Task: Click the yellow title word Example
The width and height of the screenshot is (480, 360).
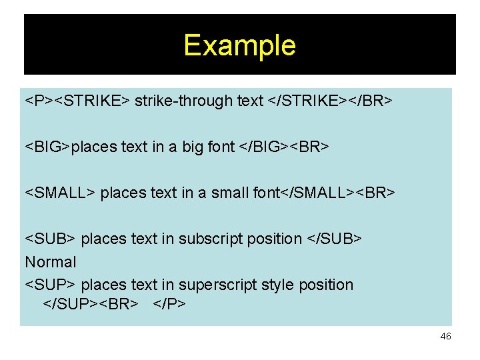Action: (x=239, y=45)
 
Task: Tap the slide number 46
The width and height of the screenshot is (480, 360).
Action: (x=445, y=337)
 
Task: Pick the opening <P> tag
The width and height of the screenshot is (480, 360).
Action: (x=39, y=101)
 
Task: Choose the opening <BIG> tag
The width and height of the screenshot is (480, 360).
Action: (x=47, y=147)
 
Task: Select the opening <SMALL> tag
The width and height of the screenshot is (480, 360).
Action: (x=61, y=193)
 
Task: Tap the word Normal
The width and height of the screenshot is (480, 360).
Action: (x=51, y=262)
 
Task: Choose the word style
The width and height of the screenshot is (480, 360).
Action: (x=277, y=285)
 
